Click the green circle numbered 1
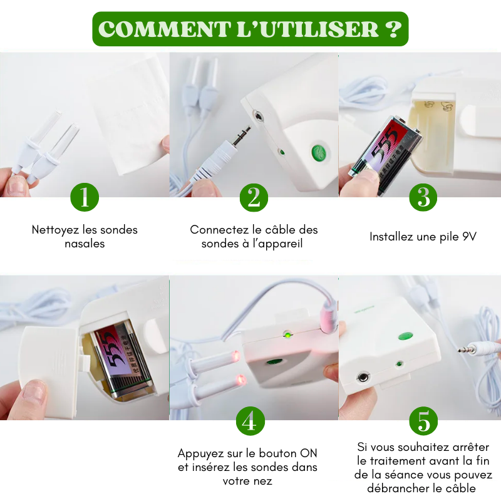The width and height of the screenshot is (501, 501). pos(85,197)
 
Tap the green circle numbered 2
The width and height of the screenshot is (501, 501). pos(254,197)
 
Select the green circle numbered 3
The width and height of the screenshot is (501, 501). pos(423,197)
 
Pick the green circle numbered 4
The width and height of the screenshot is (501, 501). pos(250,421)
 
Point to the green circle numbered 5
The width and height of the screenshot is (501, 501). pos(423,421)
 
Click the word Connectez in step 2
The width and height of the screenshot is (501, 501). pos(217,230)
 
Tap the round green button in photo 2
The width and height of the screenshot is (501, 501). pos(319,152)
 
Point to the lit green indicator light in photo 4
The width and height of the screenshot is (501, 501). pos(287,334)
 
